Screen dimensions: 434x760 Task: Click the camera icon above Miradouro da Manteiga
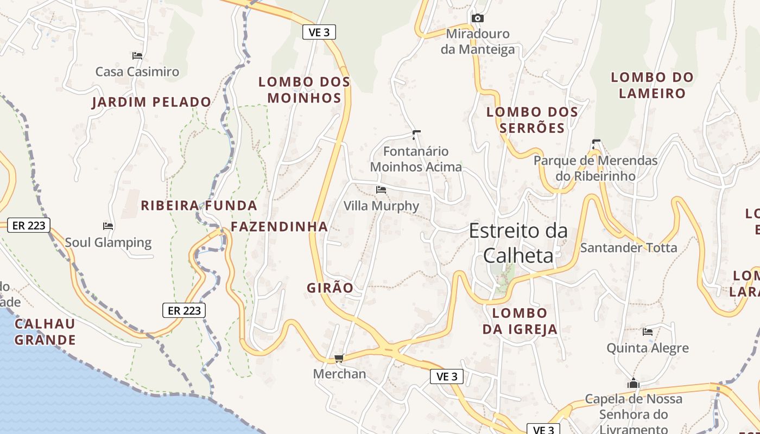477,18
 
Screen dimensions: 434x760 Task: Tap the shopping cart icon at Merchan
339,358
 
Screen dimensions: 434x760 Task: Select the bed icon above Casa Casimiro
137,55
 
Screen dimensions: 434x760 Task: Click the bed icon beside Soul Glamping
108,226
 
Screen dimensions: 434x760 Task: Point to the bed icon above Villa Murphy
381,190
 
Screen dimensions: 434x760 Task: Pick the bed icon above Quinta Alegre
648,331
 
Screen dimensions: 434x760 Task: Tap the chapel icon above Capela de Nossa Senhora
633,384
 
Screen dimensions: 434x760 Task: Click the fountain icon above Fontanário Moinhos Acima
416,134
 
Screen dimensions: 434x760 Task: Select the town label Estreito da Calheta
518,242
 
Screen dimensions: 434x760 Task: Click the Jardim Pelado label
151,102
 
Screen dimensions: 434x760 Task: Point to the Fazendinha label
280,227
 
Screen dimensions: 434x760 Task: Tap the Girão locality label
330,288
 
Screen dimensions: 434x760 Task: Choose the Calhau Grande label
45,332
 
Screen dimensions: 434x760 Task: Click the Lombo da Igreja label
520,321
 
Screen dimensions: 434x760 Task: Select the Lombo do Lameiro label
653,85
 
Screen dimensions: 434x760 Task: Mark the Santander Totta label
629,248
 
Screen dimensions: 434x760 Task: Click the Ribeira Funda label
199,206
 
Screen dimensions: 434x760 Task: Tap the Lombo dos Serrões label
532,120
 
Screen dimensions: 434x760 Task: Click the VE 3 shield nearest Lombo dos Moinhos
319,33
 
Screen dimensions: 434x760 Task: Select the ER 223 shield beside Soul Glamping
29,225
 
